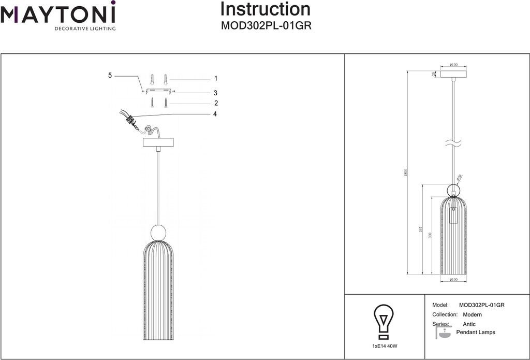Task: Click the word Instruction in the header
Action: [x=266, y=9]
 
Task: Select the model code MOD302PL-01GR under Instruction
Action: [x=266, y=25]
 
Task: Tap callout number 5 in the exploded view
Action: [x=110, y=76]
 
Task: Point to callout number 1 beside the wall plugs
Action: [x=215, y=79]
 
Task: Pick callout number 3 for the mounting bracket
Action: [x=215, y=93]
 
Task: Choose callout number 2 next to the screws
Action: [x=215, y=103]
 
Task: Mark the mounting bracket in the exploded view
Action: [x=158, y=91]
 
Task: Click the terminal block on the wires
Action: [x=130, y=119]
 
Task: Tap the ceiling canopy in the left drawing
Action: [x=158, y=142]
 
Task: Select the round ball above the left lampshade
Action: [x=158, y=233]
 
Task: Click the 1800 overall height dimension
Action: [x=406, y=172]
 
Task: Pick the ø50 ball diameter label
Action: [x=460, y=178]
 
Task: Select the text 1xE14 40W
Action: [x=384, y=345]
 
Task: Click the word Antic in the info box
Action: [x=469, y=324]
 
